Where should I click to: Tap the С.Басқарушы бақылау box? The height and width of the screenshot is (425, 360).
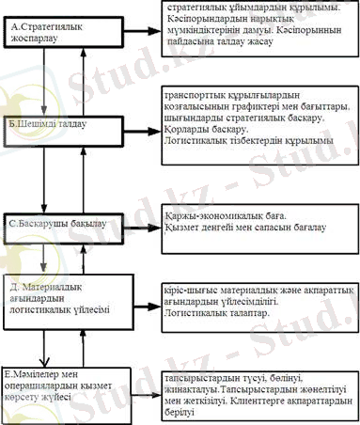[63, 223]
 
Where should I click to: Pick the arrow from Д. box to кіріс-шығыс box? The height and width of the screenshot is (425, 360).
[142, 307]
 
